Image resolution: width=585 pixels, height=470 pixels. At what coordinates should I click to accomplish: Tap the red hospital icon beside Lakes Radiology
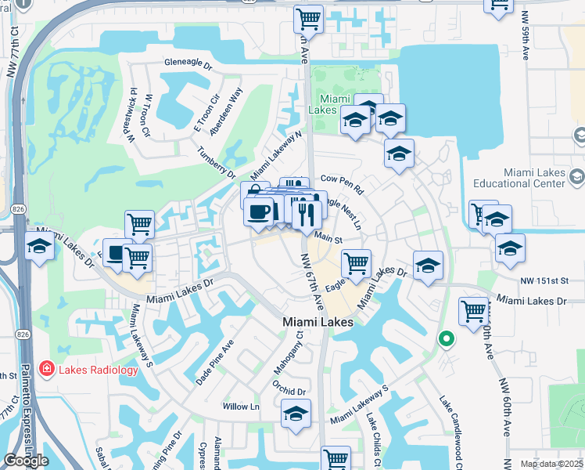coord(46,369)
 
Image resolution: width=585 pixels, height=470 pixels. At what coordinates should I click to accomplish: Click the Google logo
coord(26,461)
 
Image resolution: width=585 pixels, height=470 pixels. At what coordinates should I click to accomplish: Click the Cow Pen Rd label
coord(343,184)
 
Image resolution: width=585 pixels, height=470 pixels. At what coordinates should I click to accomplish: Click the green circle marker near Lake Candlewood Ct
coord(446,339)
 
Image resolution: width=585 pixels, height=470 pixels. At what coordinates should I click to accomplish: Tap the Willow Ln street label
coord(241,407)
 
